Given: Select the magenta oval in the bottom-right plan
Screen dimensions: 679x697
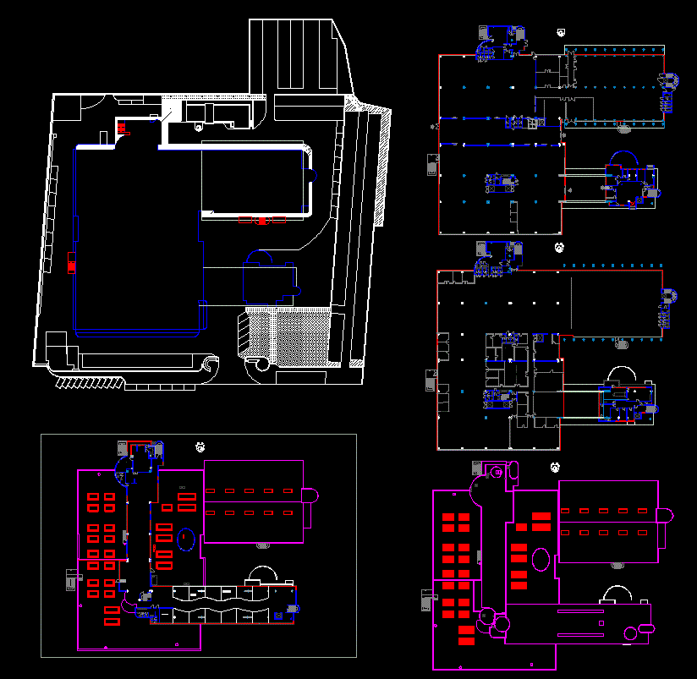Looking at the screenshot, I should click(x=542, y=558).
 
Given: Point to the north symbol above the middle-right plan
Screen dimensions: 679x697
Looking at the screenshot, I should click(x=559, y=248).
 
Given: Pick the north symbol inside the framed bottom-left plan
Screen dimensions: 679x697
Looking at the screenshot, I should click(x=200, y=446).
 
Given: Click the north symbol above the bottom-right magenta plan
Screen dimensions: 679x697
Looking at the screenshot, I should click(x=555, y=467).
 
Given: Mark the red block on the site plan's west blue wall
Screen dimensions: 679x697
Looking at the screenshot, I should click(x=71, y=262).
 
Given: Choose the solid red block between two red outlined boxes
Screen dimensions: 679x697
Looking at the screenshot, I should click(x=262, y=221).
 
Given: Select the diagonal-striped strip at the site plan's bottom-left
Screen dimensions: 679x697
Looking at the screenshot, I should click(x=89, y=382).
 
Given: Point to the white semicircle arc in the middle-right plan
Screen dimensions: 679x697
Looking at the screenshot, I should click(x=621, y=374).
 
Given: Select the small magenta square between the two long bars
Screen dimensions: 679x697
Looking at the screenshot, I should click(x=600, y=623).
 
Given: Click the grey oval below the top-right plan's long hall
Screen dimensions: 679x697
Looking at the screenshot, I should click(x=624, y=129).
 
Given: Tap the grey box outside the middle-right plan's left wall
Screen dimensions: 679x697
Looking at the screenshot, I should click(x=428, y=379).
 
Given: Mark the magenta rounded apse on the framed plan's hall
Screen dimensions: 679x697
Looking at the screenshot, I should click(x=310, y=496).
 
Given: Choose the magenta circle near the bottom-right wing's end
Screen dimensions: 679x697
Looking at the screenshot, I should click(x=629, y=632).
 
